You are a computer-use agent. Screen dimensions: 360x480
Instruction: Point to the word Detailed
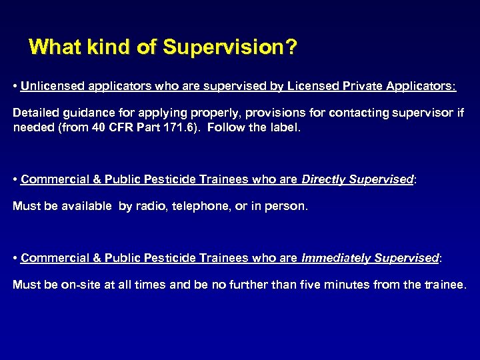[x=35, y=113]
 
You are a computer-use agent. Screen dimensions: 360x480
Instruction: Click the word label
[x=285, y=127]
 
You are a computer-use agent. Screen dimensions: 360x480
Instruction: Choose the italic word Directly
[x=324, y=179]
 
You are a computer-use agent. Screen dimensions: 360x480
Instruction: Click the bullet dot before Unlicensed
[x=15, y=87]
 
